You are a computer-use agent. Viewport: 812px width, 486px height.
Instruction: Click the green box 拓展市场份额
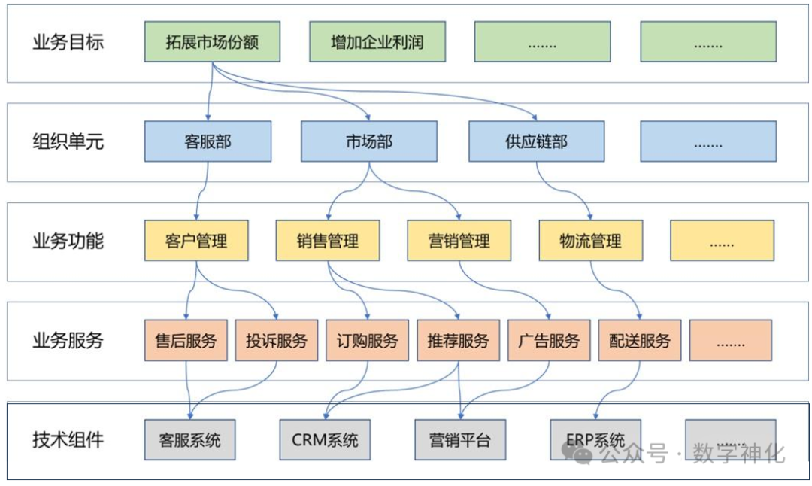point(212,42)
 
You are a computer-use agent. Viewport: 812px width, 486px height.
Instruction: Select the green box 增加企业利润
point(377,42)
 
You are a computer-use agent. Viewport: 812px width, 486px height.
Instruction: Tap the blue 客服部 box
point(208,141)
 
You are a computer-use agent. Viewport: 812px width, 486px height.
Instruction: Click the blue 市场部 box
point(368,141)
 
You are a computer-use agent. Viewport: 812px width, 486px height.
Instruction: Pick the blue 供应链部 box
point(536,141)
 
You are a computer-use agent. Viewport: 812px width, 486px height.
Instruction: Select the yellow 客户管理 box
point(196,241)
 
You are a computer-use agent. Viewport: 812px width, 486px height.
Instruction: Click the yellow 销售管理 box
point(327,241)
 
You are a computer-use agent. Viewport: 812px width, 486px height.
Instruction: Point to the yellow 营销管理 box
point(459,241)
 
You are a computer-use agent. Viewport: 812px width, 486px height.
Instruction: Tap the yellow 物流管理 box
point(590,241)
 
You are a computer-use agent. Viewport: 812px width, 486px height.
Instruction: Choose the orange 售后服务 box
point(186,340)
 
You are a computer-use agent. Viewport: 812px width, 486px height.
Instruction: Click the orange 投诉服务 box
point(276,340)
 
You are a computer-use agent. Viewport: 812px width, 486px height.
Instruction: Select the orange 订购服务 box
point(367,340)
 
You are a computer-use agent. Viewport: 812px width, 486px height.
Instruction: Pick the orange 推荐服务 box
point(458,340)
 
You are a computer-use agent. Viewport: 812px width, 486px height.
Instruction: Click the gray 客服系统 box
point(189,440)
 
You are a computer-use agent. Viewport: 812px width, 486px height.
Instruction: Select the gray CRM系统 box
point(325,440)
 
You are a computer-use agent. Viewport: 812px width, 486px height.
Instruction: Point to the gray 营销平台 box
point(459,440)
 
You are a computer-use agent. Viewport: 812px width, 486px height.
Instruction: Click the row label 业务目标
point(68,42)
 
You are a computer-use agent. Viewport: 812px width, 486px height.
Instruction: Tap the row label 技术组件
point(68,440)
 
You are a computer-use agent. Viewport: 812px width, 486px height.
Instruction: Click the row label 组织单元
point(68,141)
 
